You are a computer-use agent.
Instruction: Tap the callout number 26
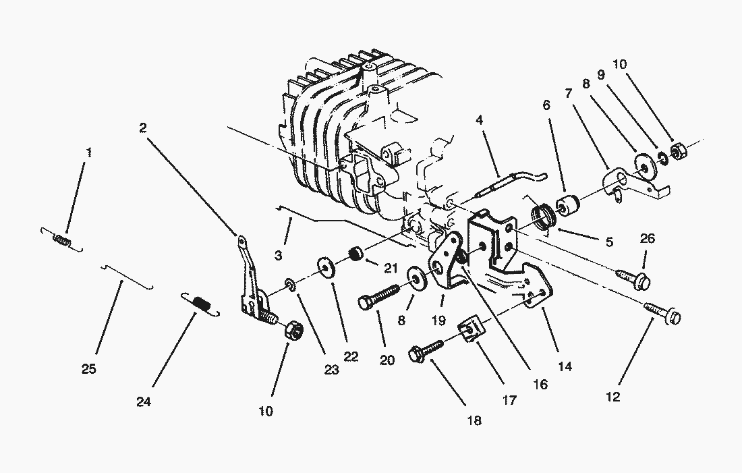coord(647,238)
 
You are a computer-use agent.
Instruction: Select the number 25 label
coord(89,368)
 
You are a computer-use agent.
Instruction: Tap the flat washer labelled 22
coord(329,270)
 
